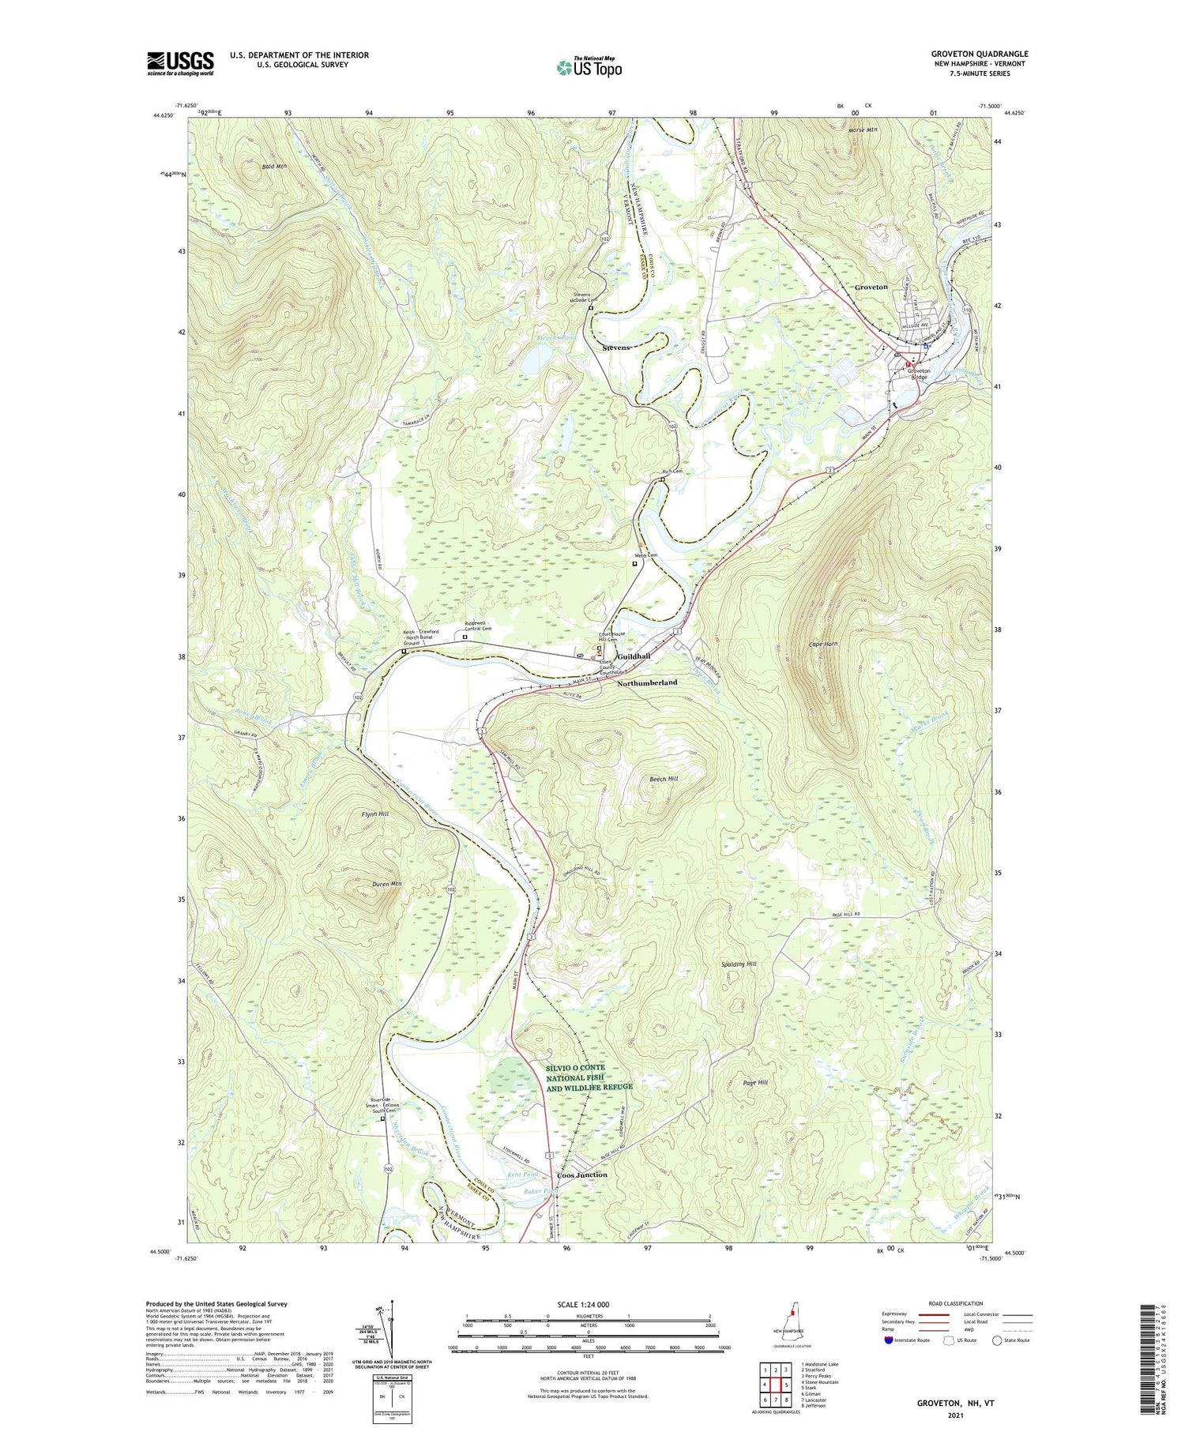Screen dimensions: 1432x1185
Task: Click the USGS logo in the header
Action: point(180,63)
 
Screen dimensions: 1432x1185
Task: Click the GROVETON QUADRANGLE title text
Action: point(979,54)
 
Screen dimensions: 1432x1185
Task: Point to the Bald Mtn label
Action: point(274,167)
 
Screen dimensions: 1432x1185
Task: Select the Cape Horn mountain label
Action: point(823,645)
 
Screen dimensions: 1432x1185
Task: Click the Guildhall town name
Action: point(634,656)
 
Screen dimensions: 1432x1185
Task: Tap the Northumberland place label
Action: point(647,682)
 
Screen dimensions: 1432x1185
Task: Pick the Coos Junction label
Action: point(582,1175)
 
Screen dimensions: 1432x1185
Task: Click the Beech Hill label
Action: point(664,778)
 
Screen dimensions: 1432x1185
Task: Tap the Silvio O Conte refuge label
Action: point(589,1077)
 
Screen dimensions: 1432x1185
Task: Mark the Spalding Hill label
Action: point(739,964)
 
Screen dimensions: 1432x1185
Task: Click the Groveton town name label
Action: point(871,288)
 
